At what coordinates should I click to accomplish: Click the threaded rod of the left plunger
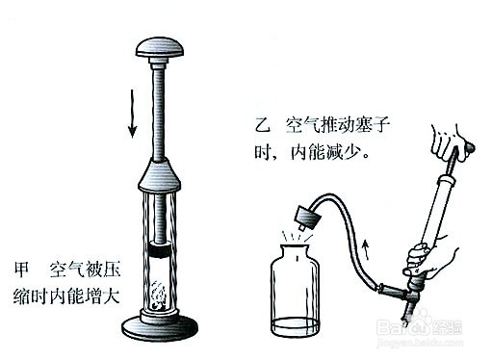tap(160, 106)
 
